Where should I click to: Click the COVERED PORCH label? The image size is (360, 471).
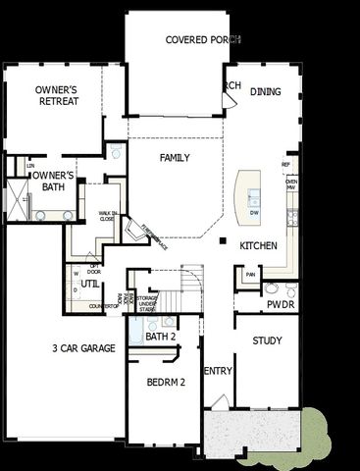(x=202, y=39)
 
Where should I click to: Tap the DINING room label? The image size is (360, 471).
(x=266, y=91)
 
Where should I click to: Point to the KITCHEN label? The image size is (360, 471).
(x=258, y=245)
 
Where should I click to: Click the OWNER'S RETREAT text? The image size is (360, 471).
(x=57, y=95)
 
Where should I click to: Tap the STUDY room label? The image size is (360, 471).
(x=267, y=341)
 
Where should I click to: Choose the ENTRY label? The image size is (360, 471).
(x=217, y=371)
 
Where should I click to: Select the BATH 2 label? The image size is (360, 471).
(x=160, y=337)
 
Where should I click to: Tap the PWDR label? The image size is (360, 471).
(x=282, y=305)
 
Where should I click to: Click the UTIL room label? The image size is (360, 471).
(x=89, y=285)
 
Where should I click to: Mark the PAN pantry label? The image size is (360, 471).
(x=251, y=275)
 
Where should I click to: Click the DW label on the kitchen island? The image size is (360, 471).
(x=254, y=212)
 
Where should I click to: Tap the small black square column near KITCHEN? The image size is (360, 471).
(x=223, y=240)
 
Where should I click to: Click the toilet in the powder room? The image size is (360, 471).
(x=272, y=290)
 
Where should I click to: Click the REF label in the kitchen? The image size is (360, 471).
(x=286, y=164)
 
